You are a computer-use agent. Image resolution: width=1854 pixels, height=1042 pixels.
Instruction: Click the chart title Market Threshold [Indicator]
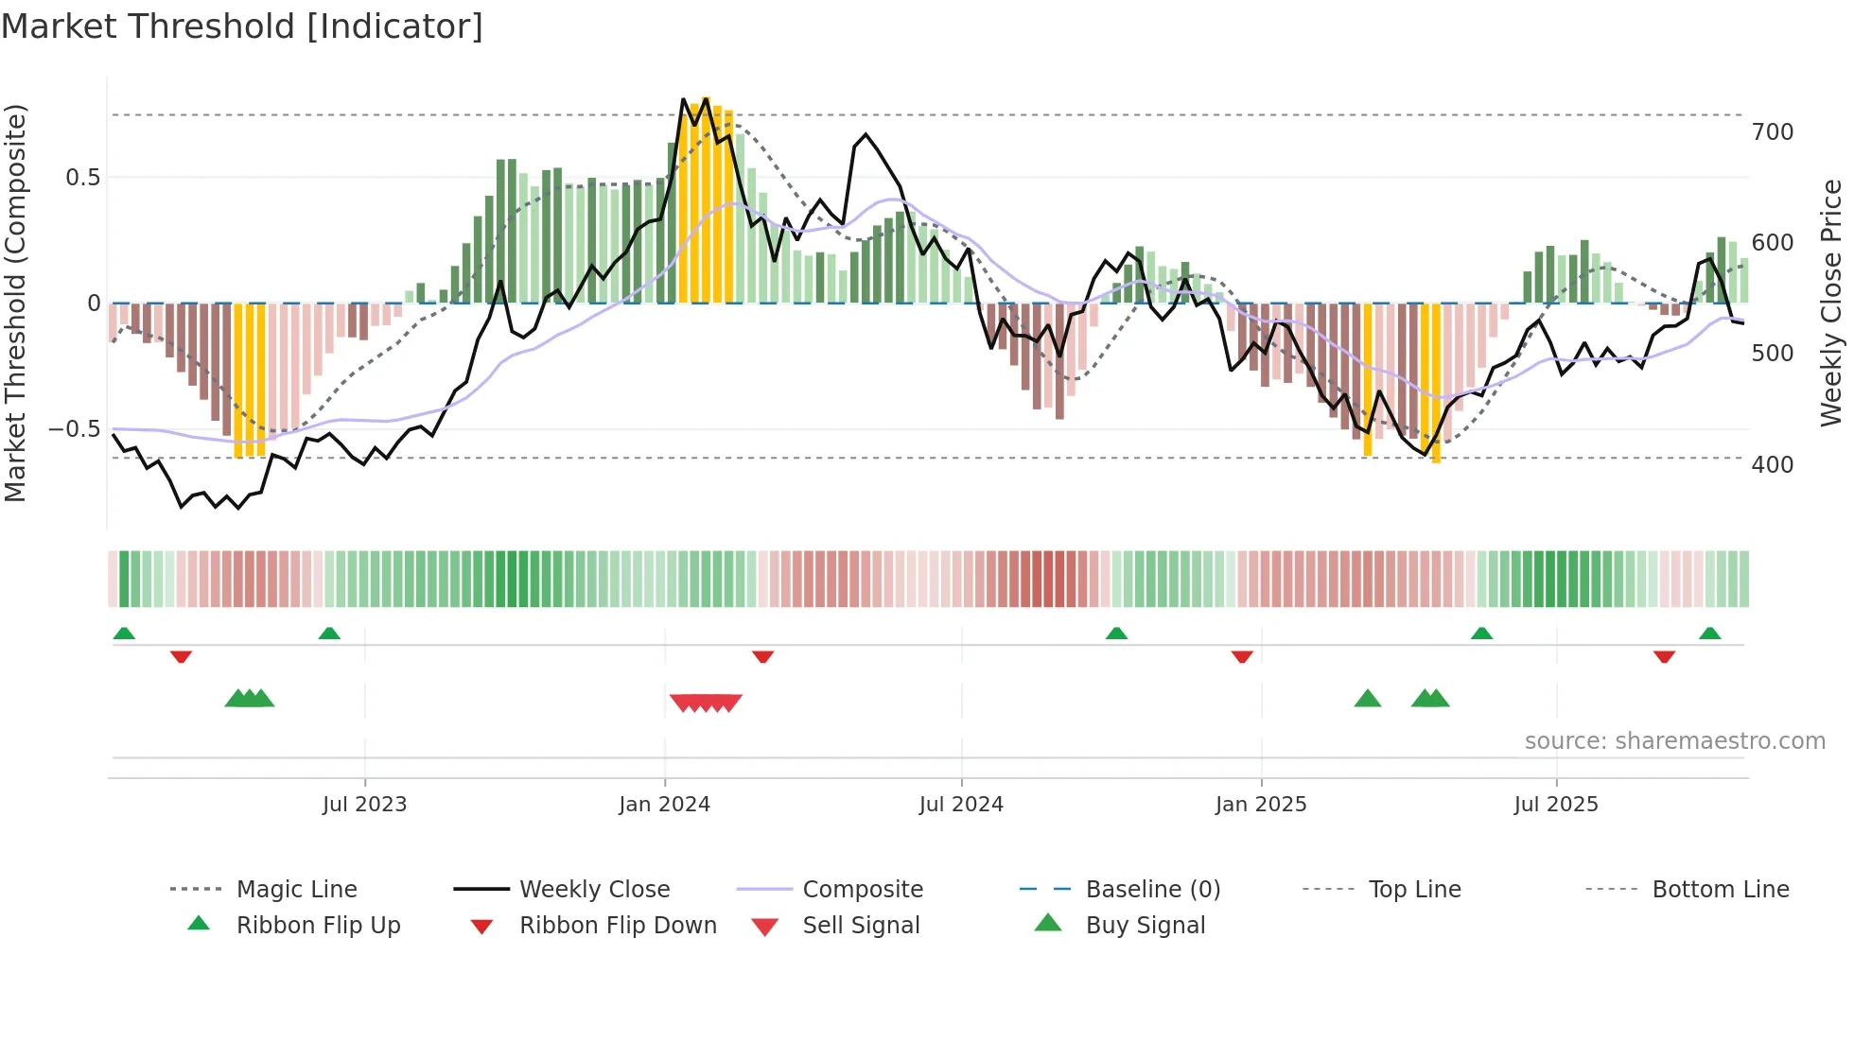[242, 26]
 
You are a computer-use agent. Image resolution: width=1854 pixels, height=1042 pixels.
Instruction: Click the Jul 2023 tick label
[364, 805]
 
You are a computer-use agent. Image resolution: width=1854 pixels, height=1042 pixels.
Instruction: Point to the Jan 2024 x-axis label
[664, 805]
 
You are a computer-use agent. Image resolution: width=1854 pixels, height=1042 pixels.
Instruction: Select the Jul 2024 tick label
[961, 805]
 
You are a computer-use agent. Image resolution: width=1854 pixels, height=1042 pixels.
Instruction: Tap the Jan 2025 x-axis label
[1261, 805]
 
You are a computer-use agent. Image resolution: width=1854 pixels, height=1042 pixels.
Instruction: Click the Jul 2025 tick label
[1556, 805]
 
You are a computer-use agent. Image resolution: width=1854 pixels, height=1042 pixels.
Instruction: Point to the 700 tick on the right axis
[1773, 132]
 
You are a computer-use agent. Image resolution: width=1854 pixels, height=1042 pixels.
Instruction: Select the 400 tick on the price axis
[1773, 465]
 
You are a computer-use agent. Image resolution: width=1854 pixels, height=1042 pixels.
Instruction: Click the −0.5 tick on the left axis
[74, 429]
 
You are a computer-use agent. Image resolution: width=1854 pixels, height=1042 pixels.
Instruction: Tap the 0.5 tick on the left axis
[82, 178]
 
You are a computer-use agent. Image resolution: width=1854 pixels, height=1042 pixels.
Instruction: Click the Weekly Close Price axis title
[1832, 303]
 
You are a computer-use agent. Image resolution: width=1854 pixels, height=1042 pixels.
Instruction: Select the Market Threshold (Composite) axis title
[16, 303]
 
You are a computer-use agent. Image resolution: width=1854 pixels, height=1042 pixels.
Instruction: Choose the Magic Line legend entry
[296, 890]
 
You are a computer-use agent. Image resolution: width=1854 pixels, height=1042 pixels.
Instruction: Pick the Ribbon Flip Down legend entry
[618, 926]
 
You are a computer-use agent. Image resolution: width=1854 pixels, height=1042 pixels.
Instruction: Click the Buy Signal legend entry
[1145, 926]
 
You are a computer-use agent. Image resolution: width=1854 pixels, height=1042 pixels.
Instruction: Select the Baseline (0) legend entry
[1152, 890]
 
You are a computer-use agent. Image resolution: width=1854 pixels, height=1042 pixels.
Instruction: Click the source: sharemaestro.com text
[1674, 741]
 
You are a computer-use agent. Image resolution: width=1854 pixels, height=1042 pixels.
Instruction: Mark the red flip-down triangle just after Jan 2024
[763, 656]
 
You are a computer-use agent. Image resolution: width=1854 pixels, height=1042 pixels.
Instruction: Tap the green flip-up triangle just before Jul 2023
[329, 634]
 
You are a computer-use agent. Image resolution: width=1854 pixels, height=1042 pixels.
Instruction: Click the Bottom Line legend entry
[1720, 890]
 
